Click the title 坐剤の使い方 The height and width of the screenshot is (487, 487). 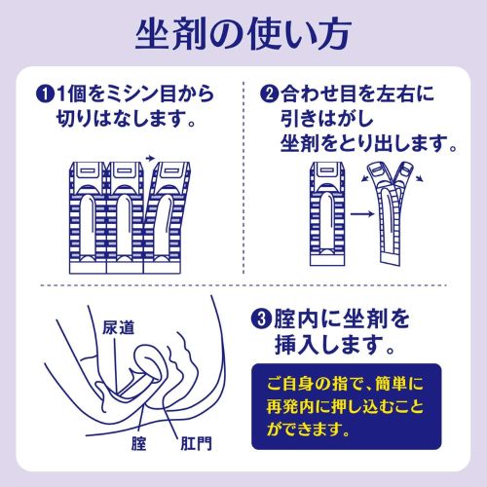click(243, 34)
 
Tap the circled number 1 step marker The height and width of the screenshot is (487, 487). click(44, 94)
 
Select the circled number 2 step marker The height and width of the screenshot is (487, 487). click(269, 94)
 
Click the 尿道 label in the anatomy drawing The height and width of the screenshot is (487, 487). click(118, 327)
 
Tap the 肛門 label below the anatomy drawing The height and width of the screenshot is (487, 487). click(196, 443)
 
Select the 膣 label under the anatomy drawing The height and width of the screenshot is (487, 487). click(139, 443)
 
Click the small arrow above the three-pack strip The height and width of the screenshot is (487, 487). click(150, 158)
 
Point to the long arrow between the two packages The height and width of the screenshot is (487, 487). click(362, 213)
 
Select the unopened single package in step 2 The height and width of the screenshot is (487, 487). click(327, 213)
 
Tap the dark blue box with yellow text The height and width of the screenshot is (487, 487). click(347, 406)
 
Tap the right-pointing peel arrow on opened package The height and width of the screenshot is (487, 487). click(419, 177)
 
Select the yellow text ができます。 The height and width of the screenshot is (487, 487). click(309, 430)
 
